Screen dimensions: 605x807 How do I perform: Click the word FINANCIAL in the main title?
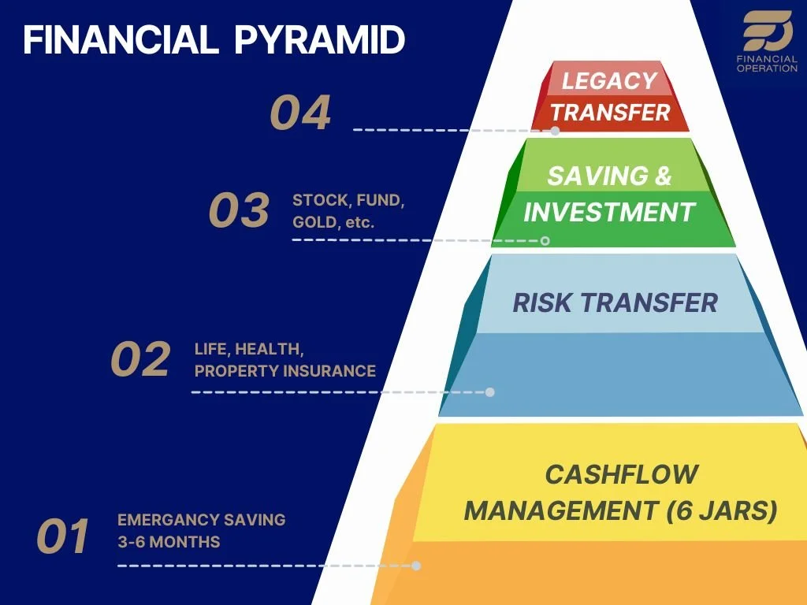(119, 40)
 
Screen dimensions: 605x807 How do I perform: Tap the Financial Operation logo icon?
(768, 32)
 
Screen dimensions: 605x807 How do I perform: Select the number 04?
(300, 113)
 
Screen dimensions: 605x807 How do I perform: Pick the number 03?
(239, 211)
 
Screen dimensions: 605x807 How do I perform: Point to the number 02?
(140, 359)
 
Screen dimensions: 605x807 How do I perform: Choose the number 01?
(63, 536)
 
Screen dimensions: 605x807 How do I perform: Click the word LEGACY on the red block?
(609, 80)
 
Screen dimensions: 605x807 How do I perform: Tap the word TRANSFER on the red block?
(610, 113)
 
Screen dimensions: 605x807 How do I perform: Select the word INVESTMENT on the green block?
(609, 212)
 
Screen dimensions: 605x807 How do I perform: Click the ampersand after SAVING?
(663, 176)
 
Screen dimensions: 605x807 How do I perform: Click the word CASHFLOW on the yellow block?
(621, 474)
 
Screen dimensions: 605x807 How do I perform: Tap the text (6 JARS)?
(721, 511)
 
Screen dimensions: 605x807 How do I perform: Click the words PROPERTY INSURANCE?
(285, 370)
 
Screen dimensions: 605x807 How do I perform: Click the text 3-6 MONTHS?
(169, 542)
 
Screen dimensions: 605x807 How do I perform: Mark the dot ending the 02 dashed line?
(489, 392)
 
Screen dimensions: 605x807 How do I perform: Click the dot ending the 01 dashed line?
(416, 566)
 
